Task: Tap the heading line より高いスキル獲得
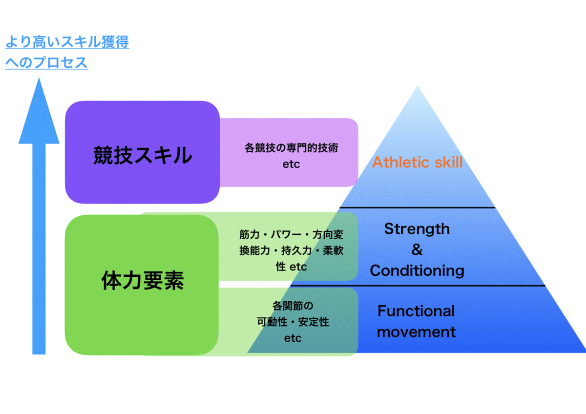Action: (67, 42)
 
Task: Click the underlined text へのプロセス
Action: (46, 63)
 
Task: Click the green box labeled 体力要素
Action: (142, 282)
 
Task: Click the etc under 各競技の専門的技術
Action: (291, 164)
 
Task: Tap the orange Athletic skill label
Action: (417, 162)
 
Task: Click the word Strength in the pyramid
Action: (417, 228)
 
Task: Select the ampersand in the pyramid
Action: (417, 249)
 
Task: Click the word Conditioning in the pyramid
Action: (417, 270)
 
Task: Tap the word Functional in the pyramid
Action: (416, 311)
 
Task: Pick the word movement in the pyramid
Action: (416, 332)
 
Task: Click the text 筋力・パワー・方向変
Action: (291, 234)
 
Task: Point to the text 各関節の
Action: (292, 306)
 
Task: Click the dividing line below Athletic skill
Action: (418, 207)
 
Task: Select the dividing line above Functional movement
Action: (418, 286)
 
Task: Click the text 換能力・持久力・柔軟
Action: (291, 250)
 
